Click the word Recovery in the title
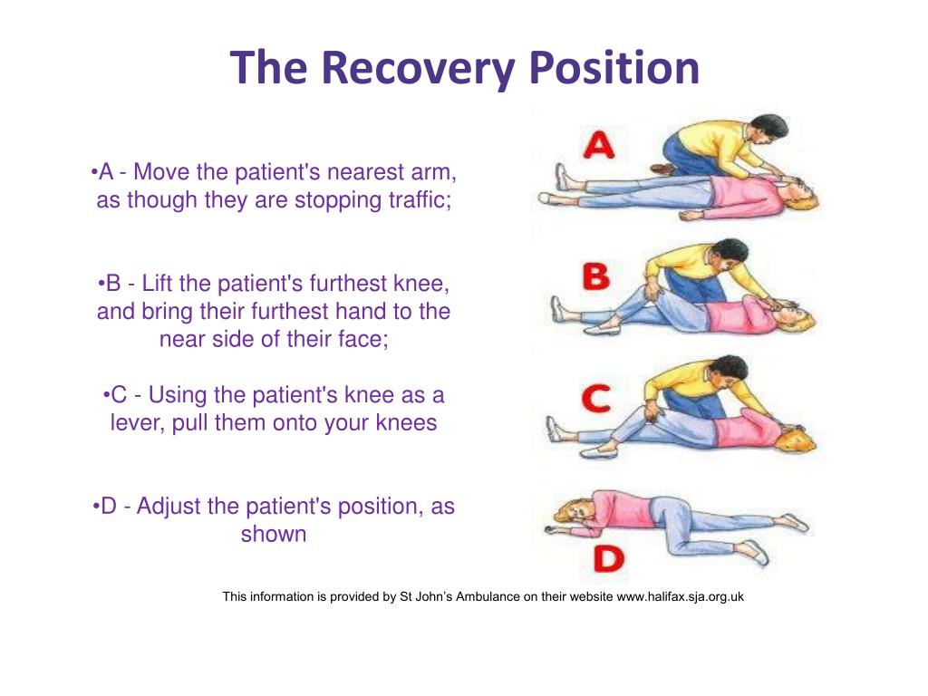(418, 69)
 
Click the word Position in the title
(614, 69)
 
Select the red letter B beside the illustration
(595, 277)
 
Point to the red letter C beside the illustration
(595, 400)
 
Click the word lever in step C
(134, 423)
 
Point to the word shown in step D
(274, 535)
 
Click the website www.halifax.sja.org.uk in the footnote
(680, 596)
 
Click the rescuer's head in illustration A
(768, 126)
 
